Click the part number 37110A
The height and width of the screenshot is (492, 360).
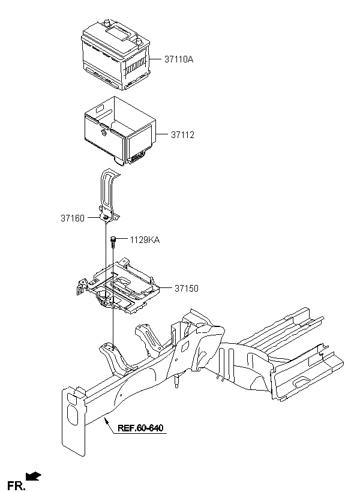[179, 59]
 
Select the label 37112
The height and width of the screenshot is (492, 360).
[182, 134]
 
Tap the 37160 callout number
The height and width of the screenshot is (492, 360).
[73, 218]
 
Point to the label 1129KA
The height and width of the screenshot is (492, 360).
[145, 240]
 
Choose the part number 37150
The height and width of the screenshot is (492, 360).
[187, 288]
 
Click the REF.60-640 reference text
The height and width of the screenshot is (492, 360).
[140, 428]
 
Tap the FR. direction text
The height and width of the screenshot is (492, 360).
[16, 485]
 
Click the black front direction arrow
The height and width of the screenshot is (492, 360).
[33, 476]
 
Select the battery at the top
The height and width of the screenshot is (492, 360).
[116, 55]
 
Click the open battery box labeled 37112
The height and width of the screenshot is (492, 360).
[120, 131]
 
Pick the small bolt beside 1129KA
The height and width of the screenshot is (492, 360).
[113, 242]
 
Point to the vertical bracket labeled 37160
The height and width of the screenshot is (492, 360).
[109, 195]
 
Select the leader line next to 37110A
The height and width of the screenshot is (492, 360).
[155, 59]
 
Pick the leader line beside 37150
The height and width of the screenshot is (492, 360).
[166, 287]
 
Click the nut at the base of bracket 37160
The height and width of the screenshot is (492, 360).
[106, 217]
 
